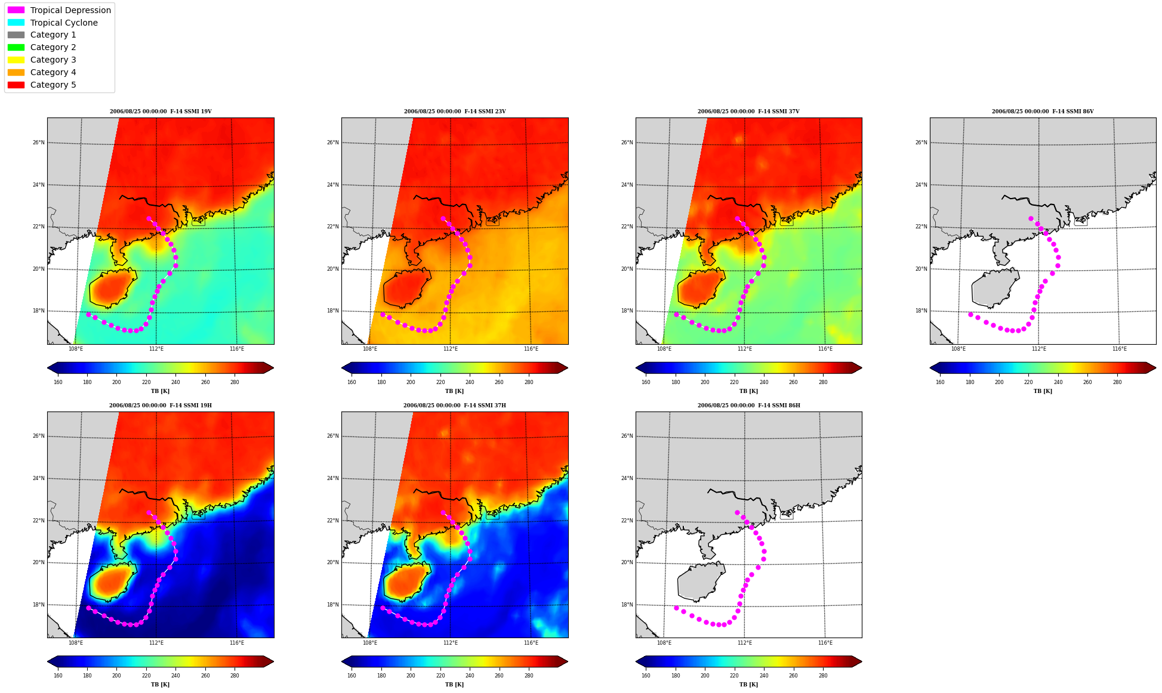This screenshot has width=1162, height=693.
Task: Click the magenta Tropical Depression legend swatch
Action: [x=16, y=10]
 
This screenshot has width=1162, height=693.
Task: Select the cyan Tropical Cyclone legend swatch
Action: [x=16, y=23]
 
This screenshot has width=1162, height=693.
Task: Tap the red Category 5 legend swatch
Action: [x=16, y=85]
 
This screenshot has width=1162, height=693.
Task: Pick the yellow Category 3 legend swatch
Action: [x=16, y=60]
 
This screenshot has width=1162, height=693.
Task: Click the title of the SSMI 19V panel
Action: [x=161, y=112]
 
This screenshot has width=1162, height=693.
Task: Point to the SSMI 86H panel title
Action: [x=748, y=406]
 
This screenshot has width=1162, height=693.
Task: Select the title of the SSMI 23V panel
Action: [x=455, y=112]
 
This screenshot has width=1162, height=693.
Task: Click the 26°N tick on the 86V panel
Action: [x=921, y=143]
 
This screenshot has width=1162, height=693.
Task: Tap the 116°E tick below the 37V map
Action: [x=825, y=349]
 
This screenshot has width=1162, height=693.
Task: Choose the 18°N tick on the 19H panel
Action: [x=38, y=605]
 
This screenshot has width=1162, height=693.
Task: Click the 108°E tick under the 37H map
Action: [x=370, y=643]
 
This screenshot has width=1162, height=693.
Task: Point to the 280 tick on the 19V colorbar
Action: [x=235, y=382]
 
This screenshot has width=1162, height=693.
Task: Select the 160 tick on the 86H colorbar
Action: [x=646, y=676]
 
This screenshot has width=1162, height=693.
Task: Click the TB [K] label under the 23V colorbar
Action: [x=454, y=391]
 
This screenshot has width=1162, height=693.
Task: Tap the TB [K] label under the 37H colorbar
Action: [x=454, y=685]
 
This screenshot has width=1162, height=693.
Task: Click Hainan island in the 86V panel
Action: [x=993, y=289]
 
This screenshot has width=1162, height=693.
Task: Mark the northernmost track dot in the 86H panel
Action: [x=737, y=512]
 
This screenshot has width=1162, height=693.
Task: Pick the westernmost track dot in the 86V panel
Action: [x=970, y=314]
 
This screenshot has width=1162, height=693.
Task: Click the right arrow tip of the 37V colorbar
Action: [x=861, y=368]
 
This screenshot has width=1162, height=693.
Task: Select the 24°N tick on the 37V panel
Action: [x=627, y=185]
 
